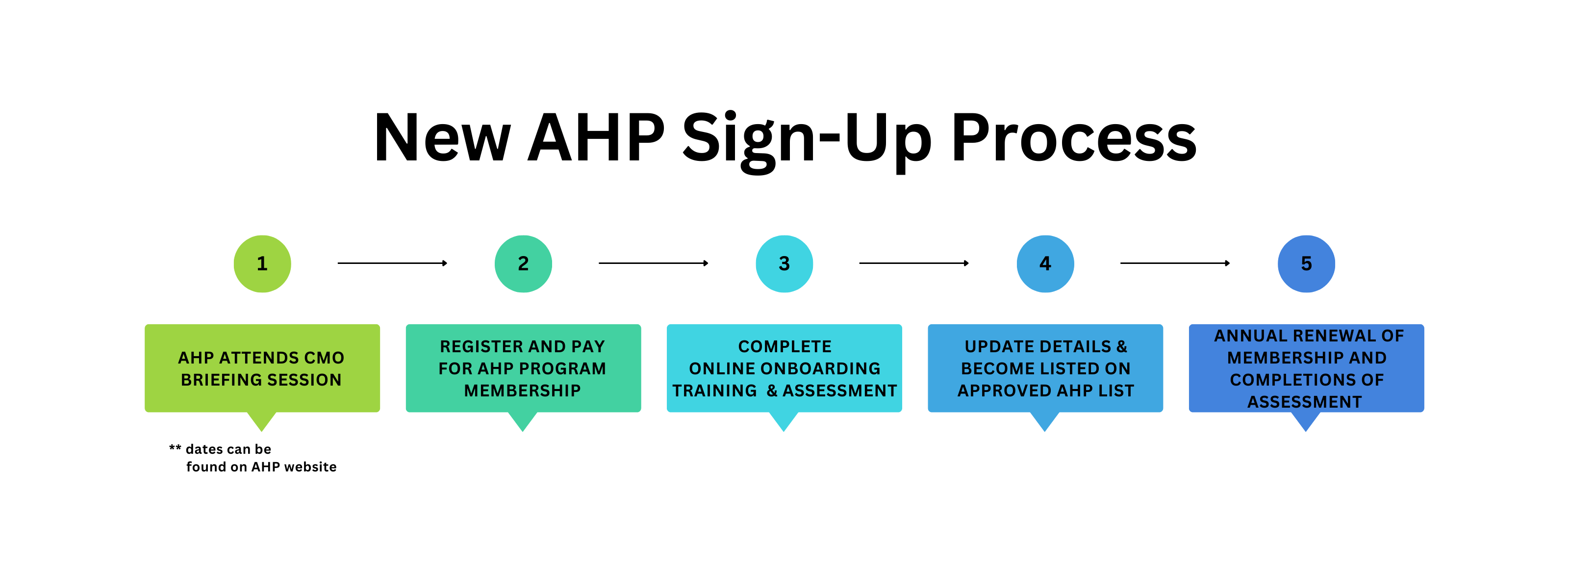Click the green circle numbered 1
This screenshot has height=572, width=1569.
[x=262, y=264]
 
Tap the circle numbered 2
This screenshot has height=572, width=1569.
[x=523, y=264]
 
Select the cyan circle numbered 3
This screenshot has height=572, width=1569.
[x=784, y=264]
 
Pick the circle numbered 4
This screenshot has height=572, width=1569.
[x=1045, y=264]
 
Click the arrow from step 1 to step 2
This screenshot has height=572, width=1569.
[x=392, y=263]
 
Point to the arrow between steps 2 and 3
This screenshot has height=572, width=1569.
[x=654, y=263]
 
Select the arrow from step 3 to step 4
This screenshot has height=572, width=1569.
[x=914, y=263]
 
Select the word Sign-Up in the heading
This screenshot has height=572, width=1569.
[x=807, y=141]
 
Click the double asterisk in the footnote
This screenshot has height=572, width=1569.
[x=175, y=448]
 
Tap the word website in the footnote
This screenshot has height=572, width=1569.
[x=311, y=467]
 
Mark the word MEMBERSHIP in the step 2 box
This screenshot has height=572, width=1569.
[x=523, y=390]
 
